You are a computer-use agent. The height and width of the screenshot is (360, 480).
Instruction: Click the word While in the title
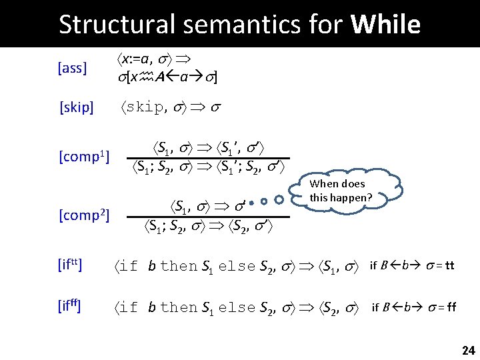point(385,25)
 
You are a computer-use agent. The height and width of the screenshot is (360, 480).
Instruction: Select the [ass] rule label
point(73,68)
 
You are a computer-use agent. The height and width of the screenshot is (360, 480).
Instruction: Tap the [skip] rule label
point(76,107)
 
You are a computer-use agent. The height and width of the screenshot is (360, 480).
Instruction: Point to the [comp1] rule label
point(84,157)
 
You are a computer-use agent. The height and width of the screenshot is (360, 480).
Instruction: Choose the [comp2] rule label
point(84,215)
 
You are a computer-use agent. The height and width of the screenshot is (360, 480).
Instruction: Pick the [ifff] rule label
point(69,307)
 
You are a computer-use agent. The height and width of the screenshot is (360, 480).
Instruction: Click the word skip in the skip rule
point(143,107)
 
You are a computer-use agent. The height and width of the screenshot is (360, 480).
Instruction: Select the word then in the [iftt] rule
point(179,267)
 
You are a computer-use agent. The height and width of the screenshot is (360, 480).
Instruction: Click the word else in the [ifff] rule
point(237,307)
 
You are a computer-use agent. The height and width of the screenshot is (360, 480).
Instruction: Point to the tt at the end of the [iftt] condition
point(449,267)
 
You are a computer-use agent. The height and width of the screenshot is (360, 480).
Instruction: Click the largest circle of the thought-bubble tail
point(279,199)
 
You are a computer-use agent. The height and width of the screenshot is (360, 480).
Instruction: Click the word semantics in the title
point(237,25)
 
